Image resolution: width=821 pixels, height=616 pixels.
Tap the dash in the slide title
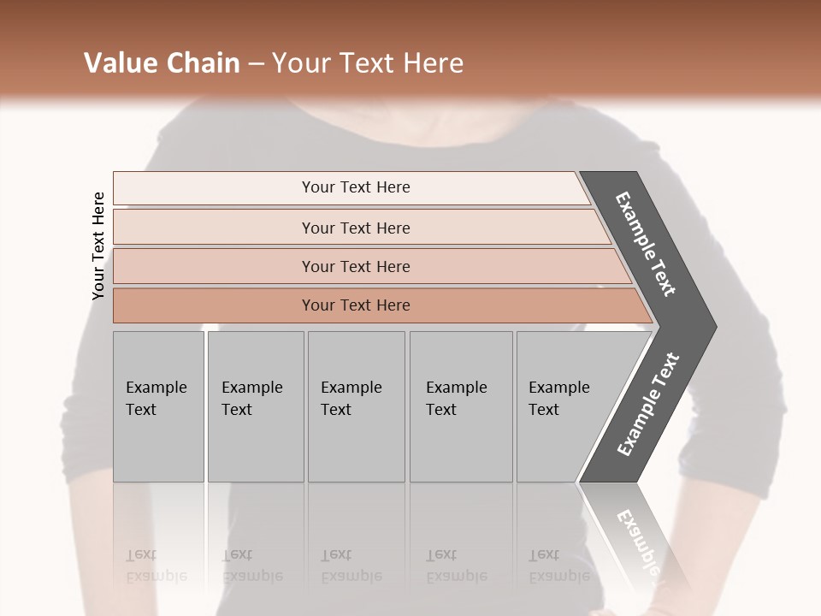(x=256, y=64)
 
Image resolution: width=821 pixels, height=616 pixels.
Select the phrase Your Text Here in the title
(x=368, y=63)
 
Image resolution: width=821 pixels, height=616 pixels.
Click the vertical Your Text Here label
(x=98, y=246)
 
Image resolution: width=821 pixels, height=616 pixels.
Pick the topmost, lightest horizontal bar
(x=355, y=187)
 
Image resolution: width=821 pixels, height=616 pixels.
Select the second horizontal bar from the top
(x=355, y=228)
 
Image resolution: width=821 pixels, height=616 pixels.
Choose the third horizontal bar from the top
(x=355, y=266)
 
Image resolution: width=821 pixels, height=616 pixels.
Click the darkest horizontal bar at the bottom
(x=355, y=305)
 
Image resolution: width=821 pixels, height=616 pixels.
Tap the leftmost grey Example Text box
(x=158, y=406)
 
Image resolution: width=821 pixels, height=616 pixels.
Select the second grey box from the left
(x=255, y=406)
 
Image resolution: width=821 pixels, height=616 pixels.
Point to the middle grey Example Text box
(x=355, y=406)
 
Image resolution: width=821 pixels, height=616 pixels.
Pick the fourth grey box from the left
(x=460, y=406)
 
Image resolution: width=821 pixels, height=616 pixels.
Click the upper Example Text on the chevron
(x=646, y=243)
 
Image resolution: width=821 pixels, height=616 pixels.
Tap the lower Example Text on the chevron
(x=648, y=404)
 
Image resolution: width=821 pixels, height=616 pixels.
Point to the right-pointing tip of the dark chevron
(x=713, y=327)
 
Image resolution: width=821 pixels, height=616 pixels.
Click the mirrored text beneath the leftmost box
(x=156, y=566)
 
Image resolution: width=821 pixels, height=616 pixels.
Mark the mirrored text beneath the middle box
(x=351, y=566)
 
